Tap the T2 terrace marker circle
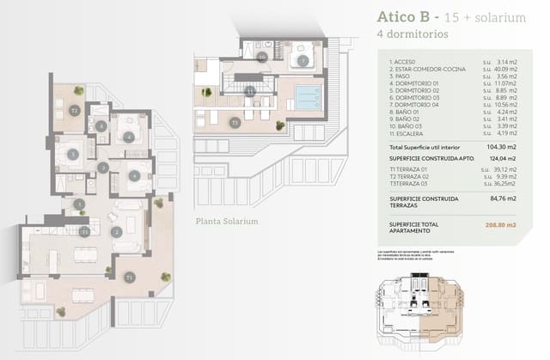(x=75, y=111)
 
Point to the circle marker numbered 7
(x=303, y=60)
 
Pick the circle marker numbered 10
(x=262, y=57)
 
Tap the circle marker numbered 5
(x=73, y=155)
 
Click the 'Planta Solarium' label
(x=227, y=221)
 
